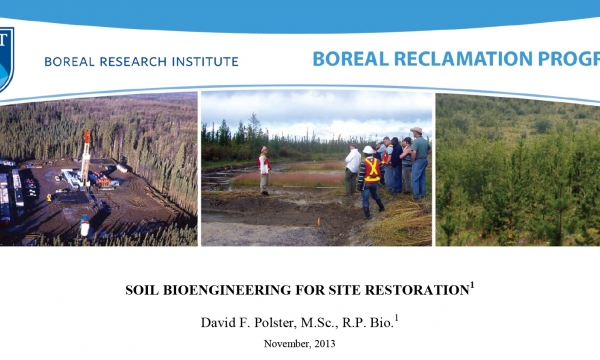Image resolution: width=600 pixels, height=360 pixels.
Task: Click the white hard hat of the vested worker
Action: [x=368, y=150]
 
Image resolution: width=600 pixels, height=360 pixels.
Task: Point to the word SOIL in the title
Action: [x=144, y=290]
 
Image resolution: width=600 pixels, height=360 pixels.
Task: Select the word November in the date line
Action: [x=284, y=343]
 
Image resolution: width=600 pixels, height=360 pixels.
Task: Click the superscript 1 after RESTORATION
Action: [x=473, y=285]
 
